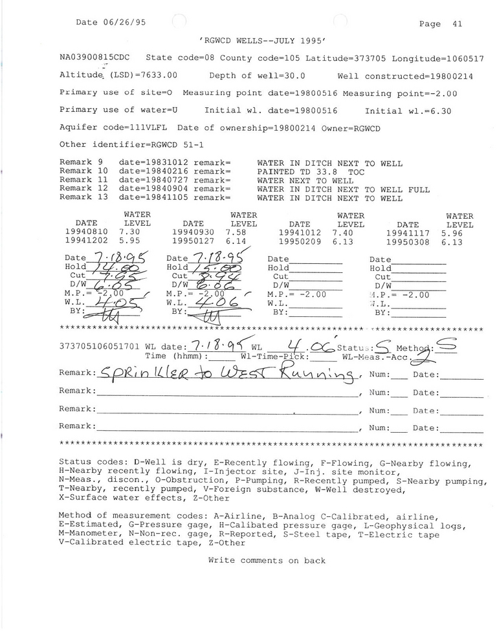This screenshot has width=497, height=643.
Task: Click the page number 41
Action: (457, 24)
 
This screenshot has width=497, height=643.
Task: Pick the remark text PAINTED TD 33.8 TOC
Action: (311, 172)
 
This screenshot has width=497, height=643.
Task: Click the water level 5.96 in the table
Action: (451, 232)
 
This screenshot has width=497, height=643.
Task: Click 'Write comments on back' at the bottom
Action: (267, 561)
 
